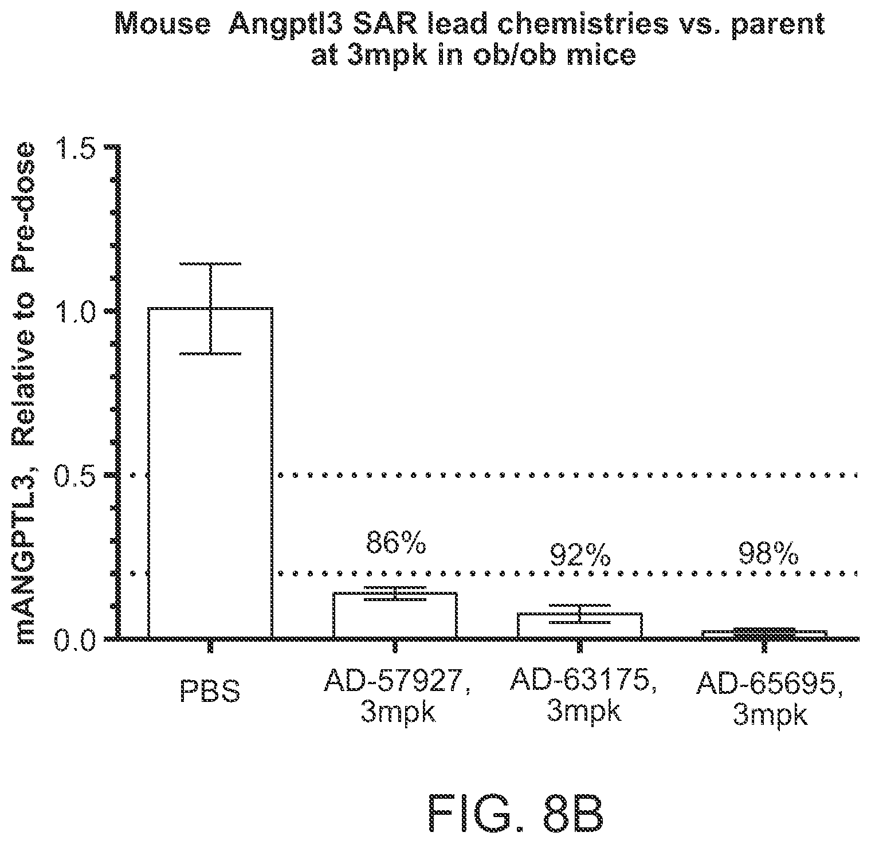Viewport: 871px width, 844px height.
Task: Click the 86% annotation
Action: [395, 544]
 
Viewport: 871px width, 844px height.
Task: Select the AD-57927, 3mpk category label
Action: [398, 696]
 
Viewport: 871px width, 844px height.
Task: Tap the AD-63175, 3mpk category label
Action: [583, 695]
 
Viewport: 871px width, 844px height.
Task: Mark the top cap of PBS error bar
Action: [210, 264]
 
